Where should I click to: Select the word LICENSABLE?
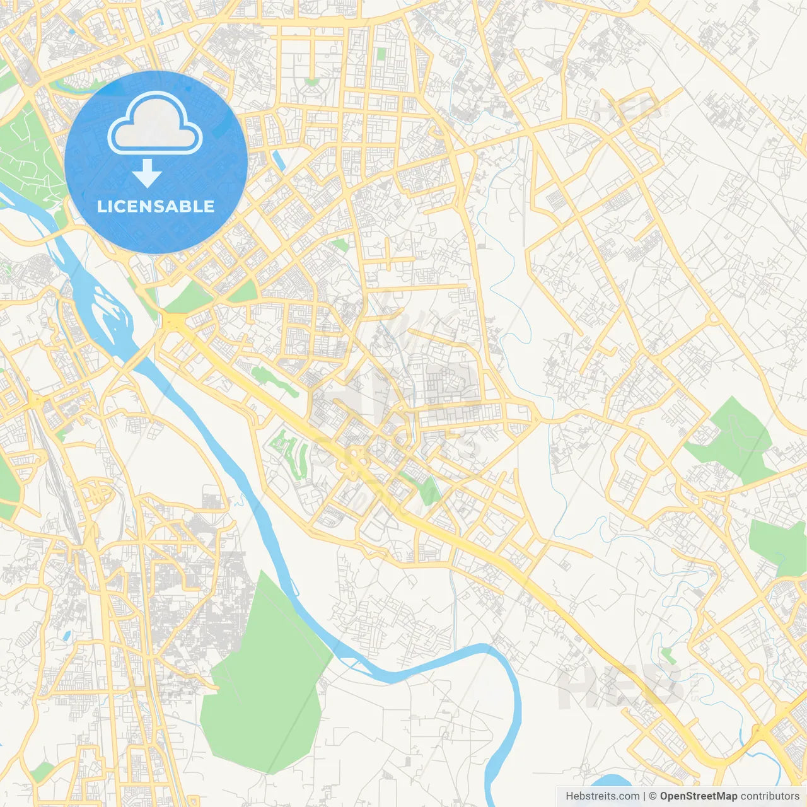pyautogui.click(x=156, y=206)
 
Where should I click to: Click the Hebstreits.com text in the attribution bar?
pyautogui.click(x=602, y=796)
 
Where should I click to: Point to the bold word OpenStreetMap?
pyautogui.click(x=698, y=796)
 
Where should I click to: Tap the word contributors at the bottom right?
pyautogui.click(x=770, y=796)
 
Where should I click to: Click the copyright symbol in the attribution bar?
pyautogui.click(x=653, y=796)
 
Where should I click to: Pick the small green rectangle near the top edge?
pyautogui.click(x=380, y=54)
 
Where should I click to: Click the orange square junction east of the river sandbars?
pyautogui.click(x=172, y=322)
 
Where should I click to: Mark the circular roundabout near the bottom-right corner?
pyautogui.click(x=752, y=673)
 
